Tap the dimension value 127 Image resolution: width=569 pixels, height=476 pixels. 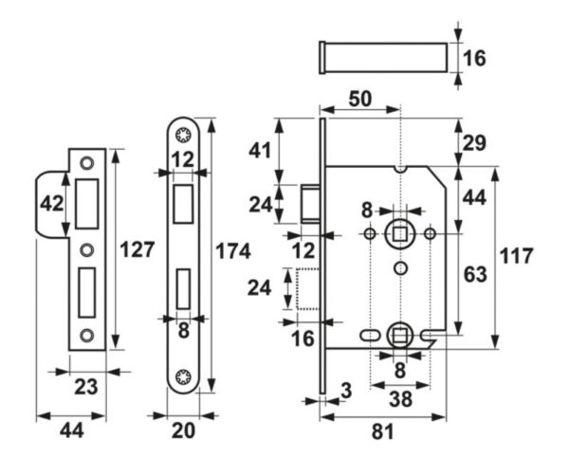pyautogui.click(x=137, y=251)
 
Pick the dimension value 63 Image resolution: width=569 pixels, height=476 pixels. pyautogui.click(x=475, y=275)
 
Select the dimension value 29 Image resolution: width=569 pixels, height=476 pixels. pyautogui.click(x=475, y=143)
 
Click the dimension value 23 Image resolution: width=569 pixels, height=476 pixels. pyautogui.click(x=86, y=387)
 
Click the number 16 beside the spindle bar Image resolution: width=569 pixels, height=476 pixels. pyautogui.click(x=475, y=58)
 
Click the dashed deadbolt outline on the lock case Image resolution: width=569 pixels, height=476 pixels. pyautogui.click(x=306, y=290)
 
